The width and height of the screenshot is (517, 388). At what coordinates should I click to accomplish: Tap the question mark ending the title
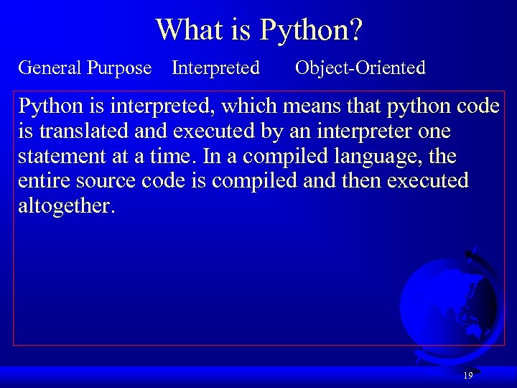356,29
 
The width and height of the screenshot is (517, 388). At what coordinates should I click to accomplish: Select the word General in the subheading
50,68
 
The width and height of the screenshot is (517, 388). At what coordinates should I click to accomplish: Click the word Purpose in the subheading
119,69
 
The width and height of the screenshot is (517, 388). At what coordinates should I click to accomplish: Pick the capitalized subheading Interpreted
215,69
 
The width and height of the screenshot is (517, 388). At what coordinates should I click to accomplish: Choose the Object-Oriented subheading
360,68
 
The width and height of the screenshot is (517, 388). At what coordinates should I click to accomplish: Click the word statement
62,157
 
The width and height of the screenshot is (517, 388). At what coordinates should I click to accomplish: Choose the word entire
44,181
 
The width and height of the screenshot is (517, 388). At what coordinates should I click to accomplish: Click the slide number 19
467,376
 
